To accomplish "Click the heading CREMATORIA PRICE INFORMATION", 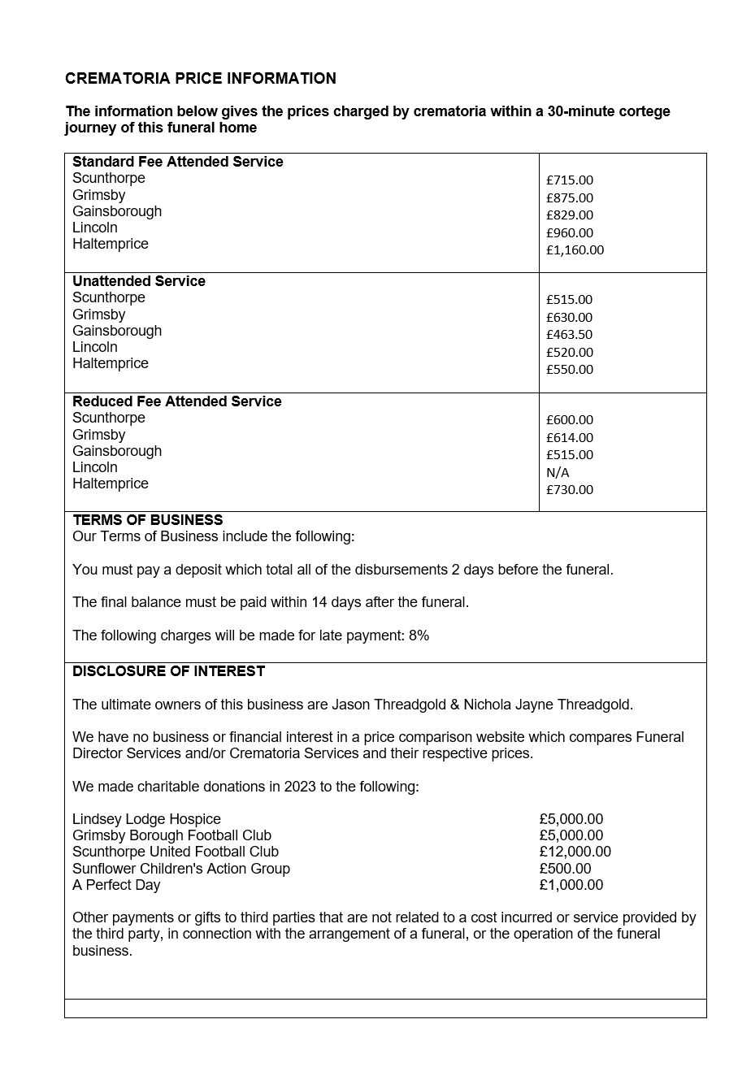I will tap(200, 79).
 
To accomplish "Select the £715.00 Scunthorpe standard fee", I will tap(570, 180).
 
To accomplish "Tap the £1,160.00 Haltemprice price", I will tap(575, 250).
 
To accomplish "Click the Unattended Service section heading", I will tap(139, 281).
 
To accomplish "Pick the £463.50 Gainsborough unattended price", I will tap(569, 335).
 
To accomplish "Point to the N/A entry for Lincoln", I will tap(558, 473).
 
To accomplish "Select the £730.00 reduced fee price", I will tap(570, 490).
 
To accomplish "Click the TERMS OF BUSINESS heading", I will tap(147, 520).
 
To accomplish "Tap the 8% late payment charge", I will tap(419, 635).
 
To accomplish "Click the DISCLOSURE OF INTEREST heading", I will tap(168, 671).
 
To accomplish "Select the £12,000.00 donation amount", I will tap(575, 852).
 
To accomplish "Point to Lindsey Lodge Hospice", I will tap(146, 819).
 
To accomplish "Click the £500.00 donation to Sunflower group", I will tap(565, 869).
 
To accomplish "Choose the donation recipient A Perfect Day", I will tap(116, 885).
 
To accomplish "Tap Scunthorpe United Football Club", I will tap(176, 852).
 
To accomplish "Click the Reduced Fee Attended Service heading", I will tap(176, 401).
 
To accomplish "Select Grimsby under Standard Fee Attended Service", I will tap(98, 195).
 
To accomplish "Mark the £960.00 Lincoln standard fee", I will tap(570, 233).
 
